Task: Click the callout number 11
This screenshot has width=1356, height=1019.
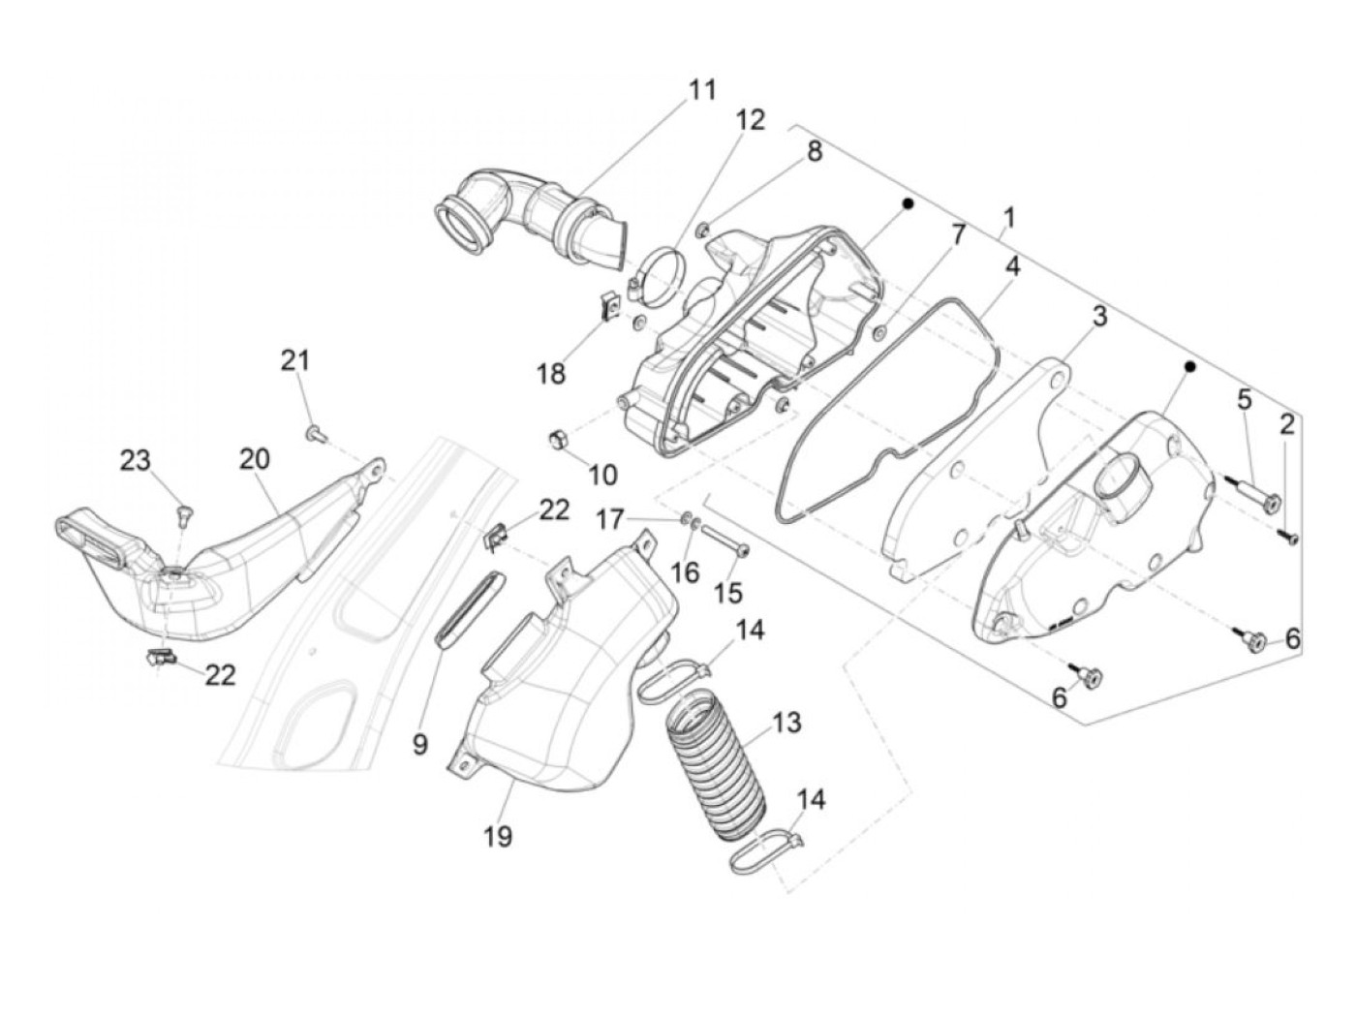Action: [x=702, y=90]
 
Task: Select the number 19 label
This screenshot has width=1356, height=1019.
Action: [x=500, y=835]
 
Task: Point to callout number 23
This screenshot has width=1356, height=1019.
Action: [x=136, y=461]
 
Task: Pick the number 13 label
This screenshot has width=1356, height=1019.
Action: [x=786, y=722]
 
